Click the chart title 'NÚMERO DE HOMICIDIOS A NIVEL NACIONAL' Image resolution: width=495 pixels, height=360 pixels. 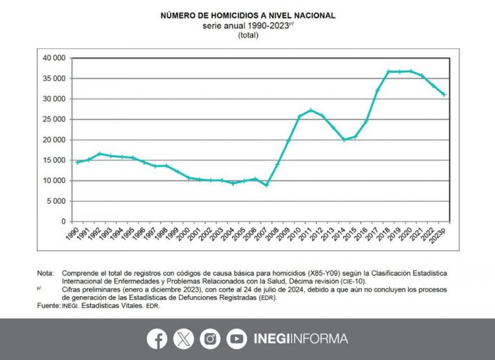(x=248, y=15)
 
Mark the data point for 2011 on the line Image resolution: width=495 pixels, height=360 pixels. (x=311, y=110)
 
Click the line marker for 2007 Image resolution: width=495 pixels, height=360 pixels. (x=266, y=185)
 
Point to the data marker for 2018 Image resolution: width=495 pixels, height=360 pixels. (x=389, y=71)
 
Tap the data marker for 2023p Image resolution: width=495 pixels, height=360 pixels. (x=444, y=95)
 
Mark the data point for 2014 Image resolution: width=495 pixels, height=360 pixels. (x=344, y=139)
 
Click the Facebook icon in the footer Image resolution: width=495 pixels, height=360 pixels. (x=157, y=339)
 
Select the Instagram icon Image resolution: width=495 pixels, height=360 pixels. (x=210, y=339)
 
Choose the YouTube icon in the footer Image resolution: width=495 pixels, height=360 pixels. (x=237, y=339)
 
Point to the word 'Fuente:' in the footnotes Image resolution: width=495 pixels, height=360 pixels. (x=50, y=306)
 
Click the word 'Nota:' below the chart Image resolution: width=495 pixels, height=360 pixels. (x=46, y=273)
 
